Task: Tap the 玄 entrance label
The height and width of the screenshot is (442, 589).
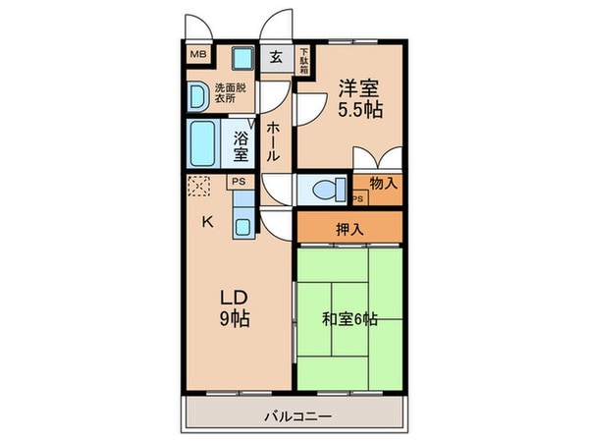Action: tap(277, 57)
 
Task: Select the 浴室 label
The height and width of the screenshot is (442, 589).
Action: tap(241, 145)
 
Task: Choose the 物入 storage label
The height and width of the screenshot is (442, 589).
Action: tap(384, 183)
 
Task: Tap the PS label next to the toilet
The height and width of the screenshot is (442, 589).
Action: tap(357, 199)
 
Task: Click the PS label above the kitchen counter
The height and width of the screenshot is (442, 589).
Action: tap(238, 182)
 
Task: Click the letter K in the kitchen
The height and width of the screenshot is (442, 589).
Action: tap(207, 221)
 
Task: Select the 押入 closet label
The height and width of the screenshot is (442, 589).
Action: tap(348, 230)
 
